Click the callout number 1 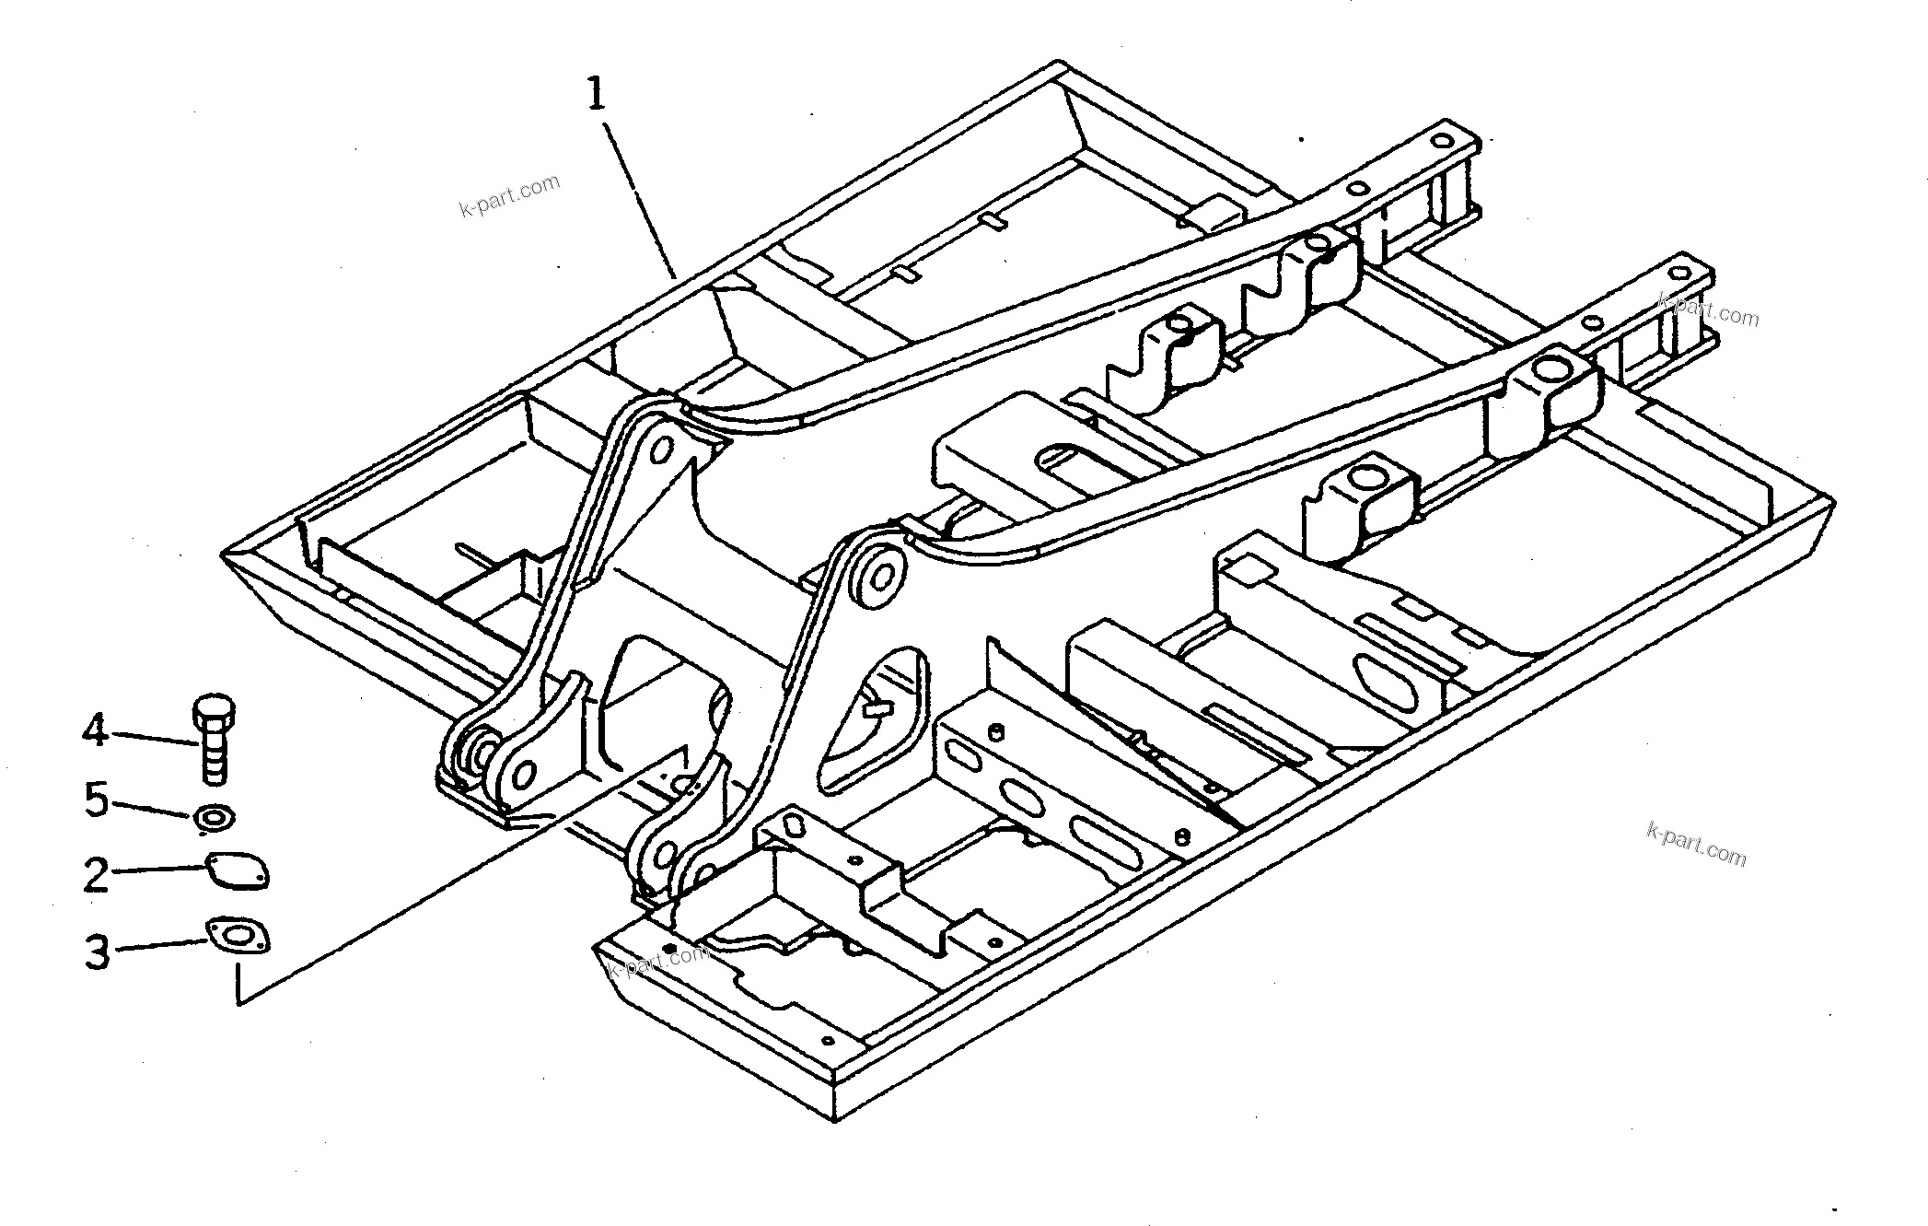click(598, 95)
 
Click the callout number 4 click(95, 732)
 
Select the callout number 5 click(97, 800)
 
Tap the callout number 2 click(96, 874)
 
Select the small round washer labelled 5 click(214, 817)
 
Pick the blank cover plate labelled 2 click(236, 871)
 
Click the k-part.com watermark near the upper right click(1709, 310)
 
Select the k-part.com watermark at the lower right click(1695, 844)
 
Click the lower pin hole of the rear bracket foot click(522, 776)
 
